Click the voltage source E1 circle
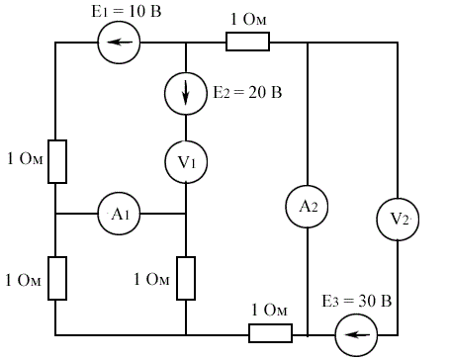[119, 43]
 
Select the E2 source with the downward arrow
[186, 93]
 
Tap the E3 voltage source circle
[356, 335]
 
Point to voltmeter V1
[186, 162]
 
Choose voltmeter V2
[398, 219]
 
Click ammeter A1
[119, 214]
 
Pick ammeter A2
[307, 207]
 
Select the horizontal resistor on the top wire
[248, 42]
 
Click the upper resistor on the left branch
[57, 161]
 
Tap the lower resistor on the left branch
[57, 279]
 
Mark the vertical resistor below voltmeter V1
[186, 279]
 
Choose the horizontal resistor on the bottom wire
[270, 333]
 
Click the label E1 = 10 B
[127, 12]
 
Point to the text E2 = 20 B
[247, 92]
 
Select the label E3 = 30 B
[357, 302]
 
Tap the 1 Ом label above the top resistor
[248, 19]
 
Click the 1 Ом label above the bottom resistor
[269, 311]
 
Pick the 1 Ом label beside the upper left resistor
[25, 158]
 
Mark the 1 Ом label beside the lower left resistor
[23, 280]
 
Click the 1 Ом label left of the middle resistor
[151, 279]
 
